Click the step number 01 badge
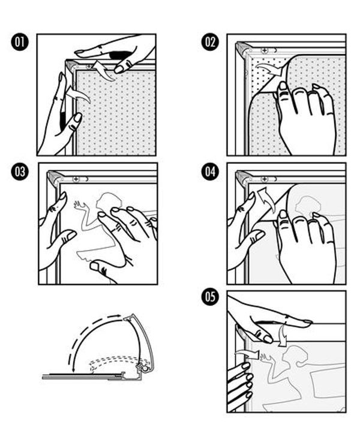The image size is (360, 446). click(x=20, y=43)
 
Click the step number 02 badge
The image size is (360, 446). click(x=210, y=43)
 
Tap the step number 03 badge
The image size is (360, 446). click(x=20, y=171)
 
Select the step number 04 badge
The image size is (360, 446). click(x=210, y=171)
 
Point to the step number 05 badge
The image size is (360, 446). click(x=210, y=297)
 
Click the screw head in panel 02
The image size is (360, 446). click(x=265, y=50)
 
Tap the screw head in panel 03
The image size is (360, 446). click(x=76, y=179)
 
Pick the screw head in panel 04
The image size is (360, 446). click(x=265, y=179)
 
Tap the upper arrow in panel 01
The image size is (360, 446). click(x=103, y=70)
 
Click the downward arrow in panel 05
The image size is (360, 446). click(x=283, y=335)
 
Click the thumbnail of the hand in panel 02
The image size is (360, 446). click(x=283, y=86)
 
